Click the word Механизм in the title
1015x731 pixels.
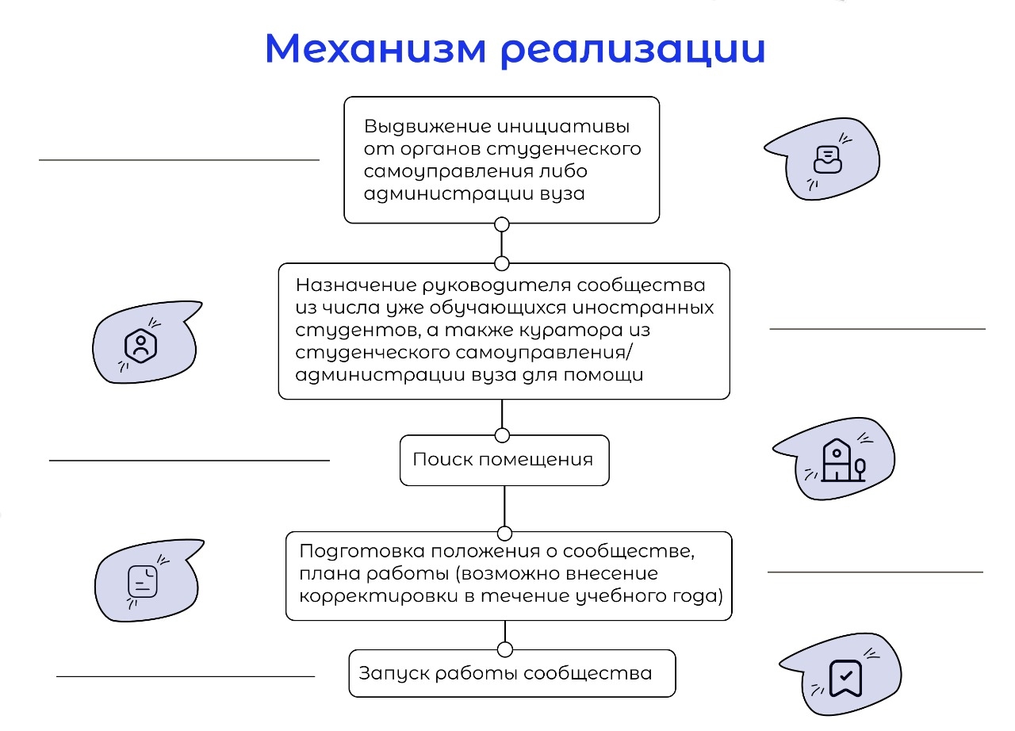pyautogui.click(x=376, y=48)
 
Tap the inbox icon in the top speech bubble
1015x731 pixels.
pyautogui.click(x=827, y=159)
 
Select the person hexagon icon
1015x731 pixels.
pyautogui.click(x=140, y=346)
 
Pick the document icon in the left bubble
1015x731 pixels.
pyautogui.click(x=143, y=581)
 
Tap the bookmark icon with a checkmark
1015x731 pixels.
pyautogui.click(x=845, y=678)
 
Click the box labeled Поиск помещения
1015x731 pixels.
pyautogui.click(x=504, y=460)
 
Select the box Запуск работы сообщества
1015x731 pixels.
pyautogui.click(x=512, y=673)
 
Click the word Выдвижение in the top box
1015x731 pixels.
pyautogui.click(x=427, y=126)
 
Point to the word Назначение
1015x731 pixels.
pyautogui.click(x=356, y=285)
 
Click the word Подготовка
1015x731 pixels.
pyautogui.click(x=362, y=552)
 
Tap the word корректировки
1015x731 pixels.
pyautogui.click(x=378, y=596)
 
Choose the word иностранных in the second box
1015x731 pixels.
pyautogui.click(x=643, y=308)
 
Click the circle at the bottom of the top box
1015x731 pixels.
pyautogui.click(x=502, y=224)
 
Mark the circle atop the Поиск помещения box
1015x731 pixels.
pyautogui.click(x=502, y=435)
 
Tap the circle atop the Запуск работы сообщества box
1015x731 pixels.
pyautogui.click(x=505, y=649)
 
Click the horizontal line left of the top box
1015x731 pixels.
pyautogui.click(x=179, y=160)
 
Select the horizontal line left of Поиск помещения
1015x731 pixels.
pyautogui.click(x=190, y=461)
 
